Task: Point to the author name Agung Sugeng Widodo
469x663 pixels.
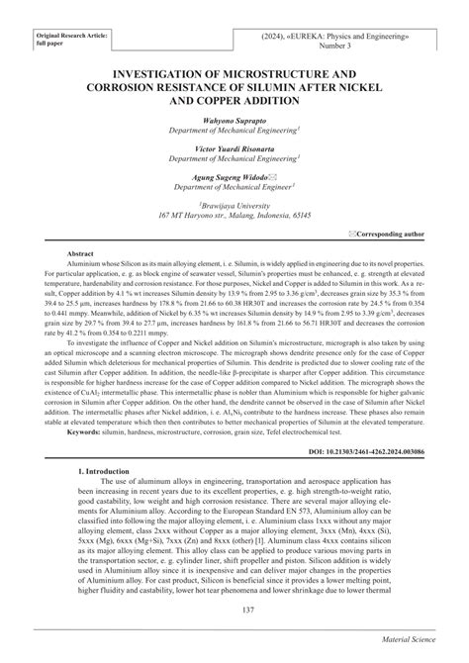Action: point(229,174)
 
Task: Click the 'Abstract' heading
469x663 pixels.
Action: point(79,253)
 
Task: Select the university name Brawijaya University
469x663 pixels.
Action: point(234,203)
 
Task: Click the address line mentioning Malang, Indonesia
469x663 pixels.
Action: point(234,214)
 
